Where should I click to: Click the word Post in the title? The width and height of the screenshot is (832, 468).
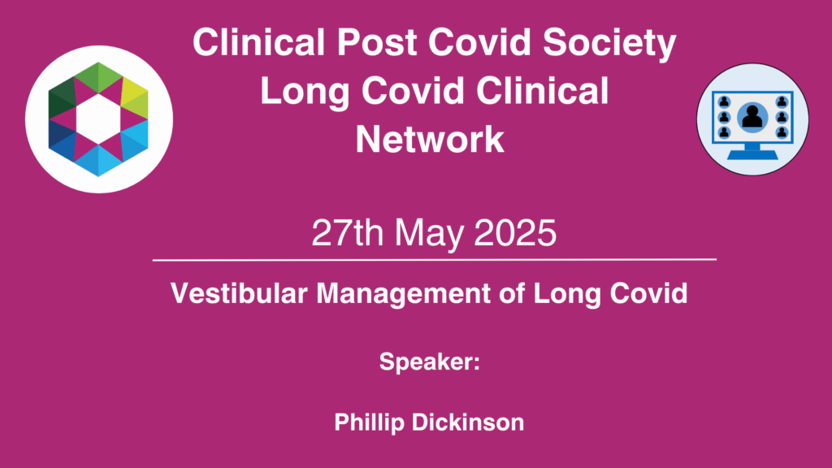pos(378,42)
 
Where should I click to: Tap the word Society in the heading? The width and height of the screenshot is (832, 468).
pos(609,45)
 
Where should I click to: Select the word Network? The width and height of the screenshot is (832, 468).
pos(429,139)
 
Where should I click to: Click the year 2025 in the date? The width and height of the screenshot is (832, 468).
pos(514,232)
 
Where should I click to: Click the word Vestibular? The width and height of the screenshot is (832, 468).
pos(239,293)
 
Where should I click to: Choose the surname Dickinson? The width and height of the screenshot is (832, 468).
pos(468,422)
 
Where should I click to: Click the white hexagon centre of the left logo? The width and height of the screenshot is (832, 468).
pos(98,119)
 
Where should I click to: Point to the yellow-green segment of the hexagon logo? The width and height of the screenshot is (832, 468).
pos(135,98)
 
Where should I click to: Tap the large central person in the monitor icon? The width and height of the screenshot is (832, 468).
pos(752,117)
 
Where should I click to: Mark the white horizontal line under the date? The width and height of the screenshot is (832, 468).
pos(435,260)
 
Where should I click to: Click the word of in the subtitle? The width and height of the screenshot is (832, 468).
pos(512,293)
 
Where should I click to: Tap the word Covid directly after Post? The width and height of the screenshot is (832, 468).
pos(479,42)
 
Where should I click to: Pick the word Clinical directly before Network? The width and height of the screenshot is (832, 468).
pos(542,90)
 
